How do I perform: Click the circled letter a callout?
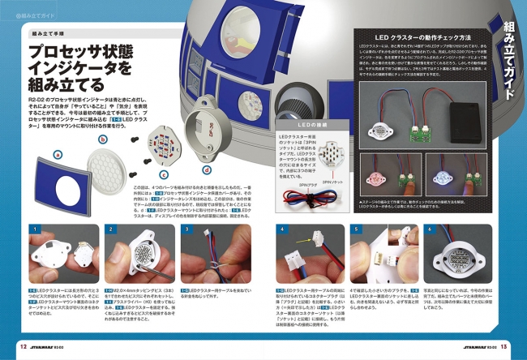pyautogui.click(x=57, y=153)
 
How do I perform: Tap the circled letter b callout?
pyautogui.click(x=103, y=139)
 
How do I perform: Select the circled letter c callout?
pyautogui.click(x=164, y=174)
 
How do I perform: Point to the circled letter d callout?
pyautogui.click(x=207, y=170)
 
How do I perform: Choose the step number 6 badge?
pyautogui.click(x=430, y=229)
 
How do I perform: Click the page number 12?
pyautogui.click(x=23, y=346)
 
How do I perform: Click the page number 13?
pyautogui.click(x=504, y=346)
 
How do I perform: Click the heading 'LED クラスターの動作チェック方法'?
pyautogui.click(x=417, y=38)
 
